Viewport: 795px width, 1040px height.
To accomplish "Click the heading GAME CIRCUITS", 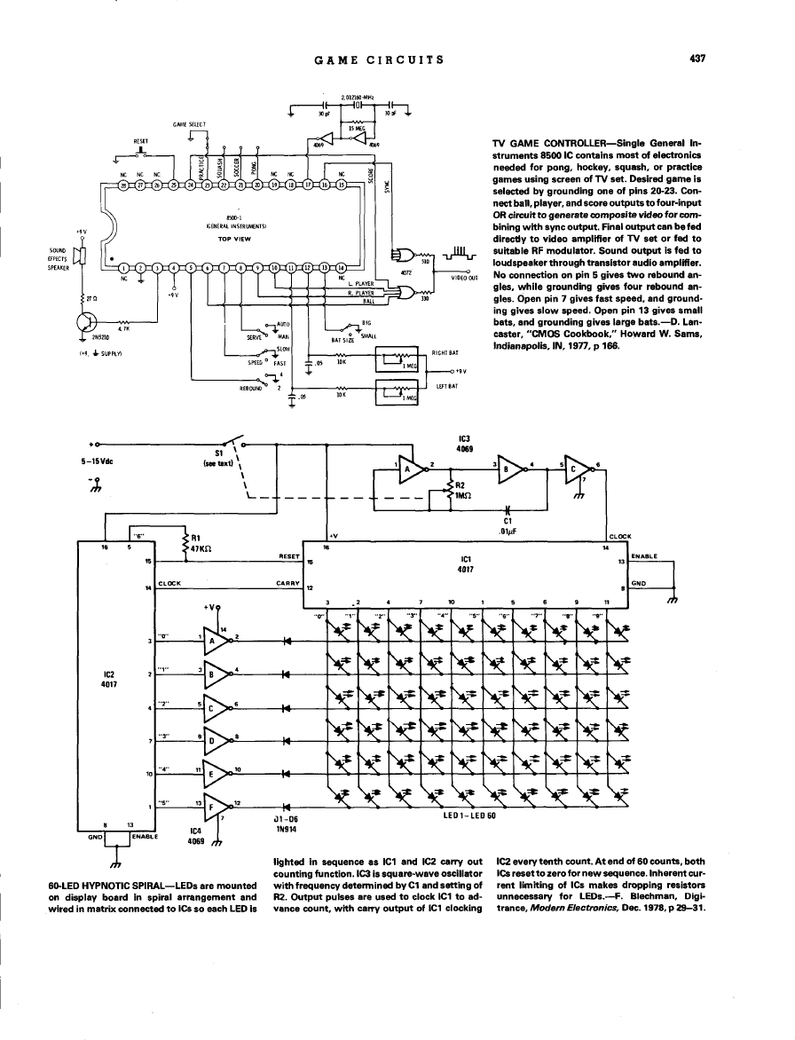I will (x=378, y=59).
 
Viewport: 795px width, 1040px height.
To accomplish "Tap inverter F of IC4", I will (x=216, y=807).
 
